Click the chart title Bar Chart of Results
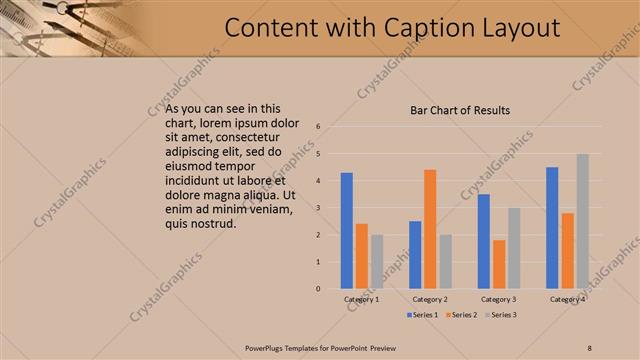461,110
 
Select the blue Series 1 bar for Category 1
346,231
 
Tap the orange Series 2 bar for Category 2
430,229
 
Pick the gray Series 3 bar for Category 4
582,221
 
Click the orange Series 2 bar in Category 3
499,264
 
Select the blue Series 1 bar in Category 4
552,228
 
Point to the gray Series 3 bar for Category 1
376,262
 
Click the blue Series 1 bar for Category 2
415,255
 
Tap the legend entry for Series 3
502,315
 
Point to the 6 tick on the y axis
317,127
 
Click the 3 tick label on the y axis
317,208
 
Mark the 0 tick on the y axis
317,289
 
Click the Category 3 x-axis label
498,299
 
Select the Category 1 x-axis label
361,299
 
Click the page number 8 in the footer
589,347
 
